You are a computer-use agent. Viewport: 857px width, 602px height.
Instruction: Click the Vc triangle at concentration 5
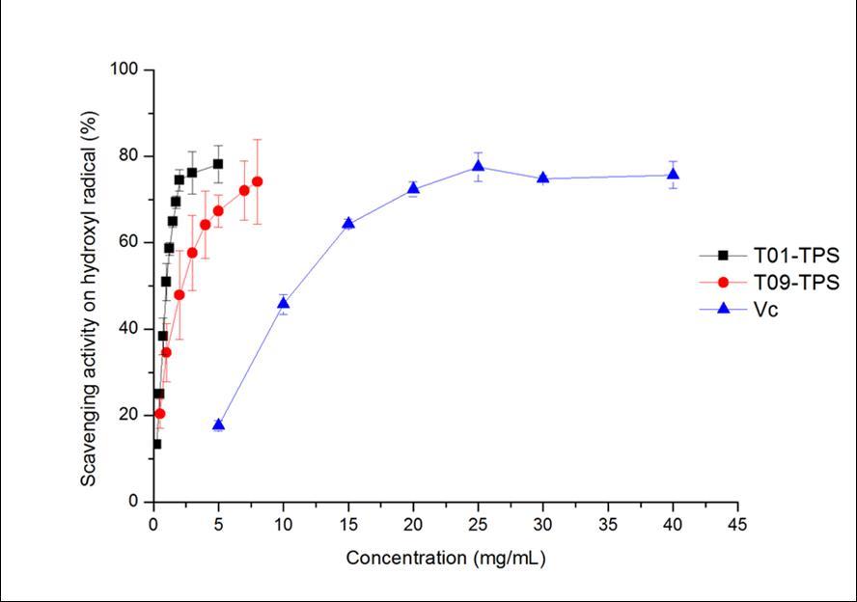218,425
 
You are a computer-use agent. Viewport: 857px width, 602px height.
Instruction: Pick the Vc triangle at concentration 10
283,303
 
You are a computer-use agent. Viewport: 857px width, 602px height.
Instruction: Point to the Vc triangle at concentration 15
348,223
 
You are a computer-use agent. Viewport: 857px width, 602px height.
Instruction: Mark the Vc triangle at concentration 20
413,188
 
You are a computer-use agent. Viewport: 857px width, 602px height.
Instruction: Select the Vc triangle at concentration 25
479,166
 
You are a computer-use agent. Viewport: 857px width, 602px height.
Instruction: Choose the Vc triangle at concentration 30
543,178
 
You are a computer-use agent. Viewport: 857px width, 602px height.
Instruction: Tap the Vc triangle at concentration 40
673,175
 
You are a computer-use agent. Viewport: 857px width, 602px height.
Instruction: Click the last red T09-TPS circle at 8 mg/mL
257,181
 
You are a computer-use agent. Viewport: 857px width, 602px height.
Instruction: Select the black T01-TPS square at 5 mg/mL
218,164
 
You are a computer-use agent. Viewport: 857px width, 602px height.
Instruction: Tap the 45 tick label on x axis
738,525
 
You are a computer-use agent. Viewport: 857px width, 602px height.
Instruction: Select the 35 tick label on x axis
608,525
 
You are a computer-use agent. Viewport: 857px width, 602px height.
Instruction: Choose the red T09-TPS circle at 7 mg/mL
244,190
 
